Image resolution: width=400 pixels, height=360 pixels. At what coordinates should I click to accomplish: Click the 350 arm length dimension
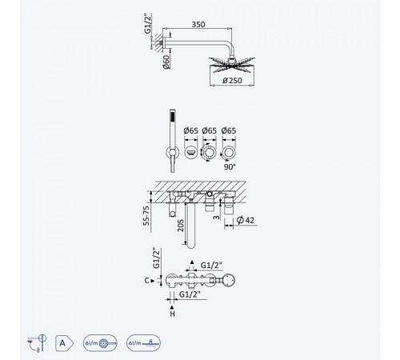tap(198, 24)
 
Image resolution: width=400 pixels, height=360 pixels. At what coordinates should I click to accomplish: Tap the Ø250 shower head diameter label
tap(232, 80)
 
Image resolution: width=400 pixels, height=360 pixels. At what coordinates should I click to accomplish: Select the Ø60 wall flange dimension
tap(166, 62)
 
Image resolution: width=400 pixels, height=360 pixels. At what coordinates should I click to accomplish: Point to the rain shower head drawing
tap(232, 65)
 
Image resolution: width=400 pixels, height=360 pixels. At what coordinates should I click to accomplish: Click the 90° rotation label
tap(230, 167)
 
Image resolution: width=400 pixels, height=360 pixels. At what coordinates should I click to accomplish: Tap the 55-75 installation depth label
tap(146, 216)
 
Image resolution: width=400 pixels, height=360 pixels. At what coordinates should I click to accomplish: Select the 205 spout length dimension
tap(181, 226)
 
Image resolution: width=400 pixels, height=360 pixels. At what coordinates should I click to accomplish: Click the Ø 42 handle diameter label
tap(246, 220)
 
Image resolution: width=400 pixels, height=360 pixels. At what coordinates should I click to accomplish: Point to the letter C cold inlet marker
tap(146, 281)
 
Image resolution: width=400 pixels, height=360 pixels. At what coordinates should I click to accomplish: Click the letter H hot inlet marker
tap(172, 314)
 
